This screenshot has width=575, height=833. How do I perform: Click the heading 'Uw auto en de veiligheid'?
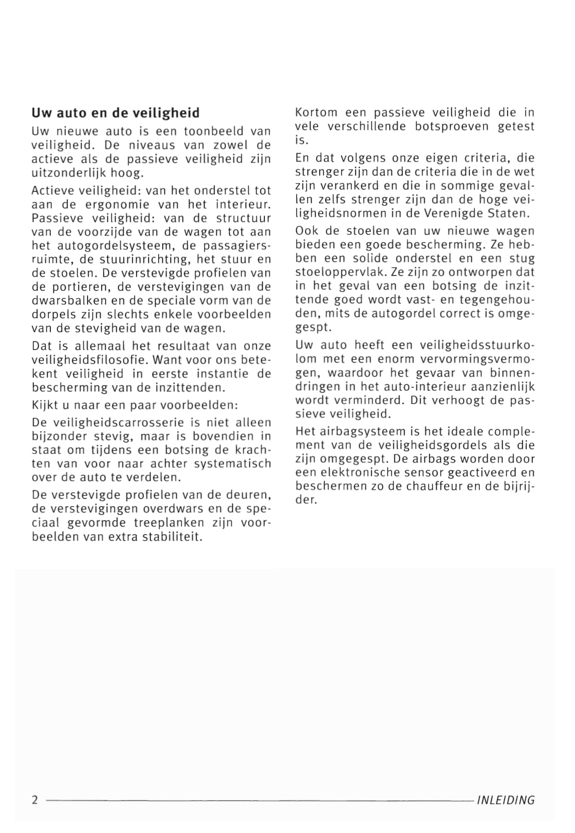click(x=115, y=112)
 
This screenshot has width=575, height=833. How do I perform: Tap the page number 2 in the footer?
click(x=35, y=800)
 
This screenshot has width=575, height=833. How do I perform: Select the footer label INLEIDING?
click(x=505, y=800)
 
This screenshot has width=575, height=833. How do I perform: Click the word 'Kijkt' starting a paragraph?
click(x=44, y=405)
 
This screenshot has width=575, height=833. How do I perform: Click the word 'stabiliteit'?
click(x=171, y=536)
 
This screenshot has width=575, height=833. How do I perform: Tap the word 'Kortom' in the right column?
click(x=316, y=112)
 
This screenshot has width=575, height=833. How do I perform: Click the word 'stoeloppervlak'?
click(x=337, y=272)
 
